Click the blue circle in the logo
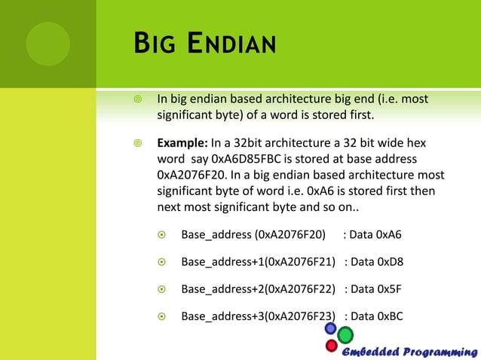(x=330, y=328)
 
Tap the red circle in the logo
(x=331, y=346)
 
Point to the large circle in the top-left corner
(x=47, y=43)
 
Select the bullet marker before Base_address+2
(x=161, y=289)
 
